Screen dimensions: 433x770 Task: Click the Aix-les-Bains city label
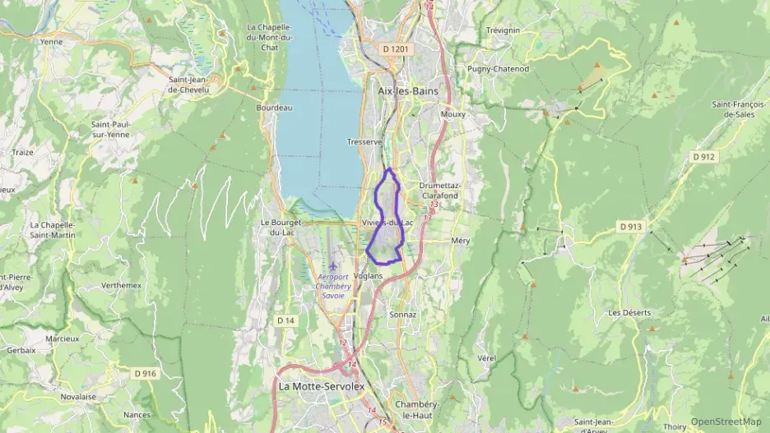(x=408, y=91)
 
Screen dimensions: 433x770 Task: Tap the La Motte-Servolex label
(x=321, y=385)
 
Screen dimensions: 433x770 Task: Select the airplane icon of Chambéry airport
(x=333, y=265)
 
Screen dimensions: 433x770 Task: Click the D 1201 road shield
(x=396, y=49)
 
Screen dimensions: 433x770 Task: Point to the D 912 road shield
(x=704, y=156)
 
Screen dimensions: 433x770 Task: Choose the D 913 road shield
(x=630, y=226)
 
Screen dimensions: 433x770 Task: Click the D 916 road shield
(x=145, y=373)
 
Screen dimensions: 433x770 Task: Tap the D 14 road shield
(x=285, y=320)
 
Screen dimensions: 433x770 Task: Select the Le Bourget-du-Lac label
(x=282, y=227)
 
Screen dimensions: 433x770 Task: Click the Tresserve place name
(x=364, y=141)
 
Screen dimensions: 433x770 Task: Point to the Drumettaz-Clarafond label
(x=440, y=191)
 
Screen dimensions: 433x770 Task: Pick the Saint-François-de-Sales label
(x=734, y=109)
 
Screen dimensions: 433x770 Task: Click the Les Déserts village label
(x=629, y=313)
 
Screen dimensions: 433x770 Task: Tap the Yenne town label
(x=51, y=41)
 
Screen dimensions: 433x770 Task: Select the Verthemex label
(x=121, y=285)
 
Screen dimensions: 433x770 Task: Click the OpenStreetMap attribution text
(x=726, y=421)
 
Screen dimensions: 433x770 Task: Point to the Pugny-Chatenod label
(x=498, y=69)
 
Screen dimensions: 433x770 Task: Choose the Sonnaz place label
(x=403, y=315)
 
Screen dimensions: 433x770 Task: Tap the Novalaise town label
(x=78, y=396)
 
